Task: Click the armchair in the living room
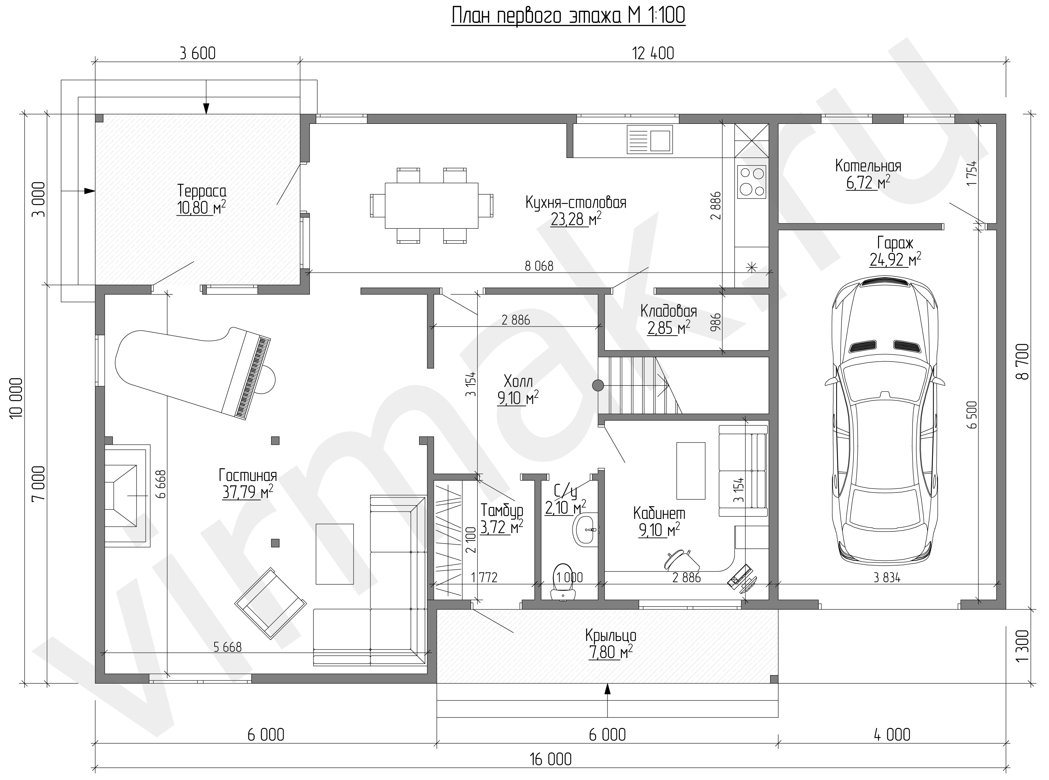[x=271, y=603]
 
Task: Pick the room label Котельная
[x=868, y=166]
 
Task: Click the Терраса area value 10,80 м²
[x=202, y=207]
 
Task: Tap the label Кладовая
[x=668, y=311]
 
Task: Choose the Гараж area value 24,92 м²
[x=895, y=259]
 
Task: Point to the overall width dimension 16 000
[x=551, y=759]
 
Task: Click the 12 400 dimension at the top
[x=653, y=53]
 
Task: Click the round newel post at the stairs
[x=598, y=386]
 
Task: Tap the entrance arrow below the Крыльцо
[x=608, y=700]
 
